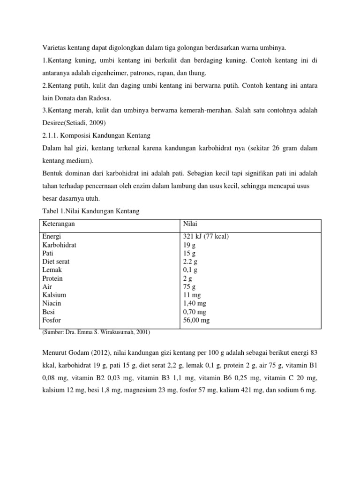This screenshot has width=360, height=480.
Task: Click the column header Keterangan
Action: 59,224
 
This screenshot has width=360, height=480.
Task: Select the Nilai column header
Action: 190,224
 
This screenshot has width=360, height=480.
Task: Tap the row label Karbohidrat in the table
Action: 60,245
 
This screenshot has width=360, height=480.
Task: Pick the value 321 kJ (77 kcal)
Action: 206,237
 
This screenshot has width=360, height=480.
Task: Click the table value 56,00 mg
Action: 196,320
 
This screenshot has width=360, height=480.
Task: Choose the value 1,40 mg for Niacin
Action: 195,303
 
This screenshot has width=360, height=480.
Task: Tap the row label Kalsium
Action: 54,295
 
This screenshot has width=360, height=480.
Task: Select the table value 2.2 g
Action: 190,262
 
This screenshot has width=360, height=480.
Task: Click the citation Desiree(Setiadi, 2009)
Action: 75,123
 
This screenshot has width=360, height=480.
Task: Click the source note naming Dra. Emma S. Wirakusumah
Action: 96,332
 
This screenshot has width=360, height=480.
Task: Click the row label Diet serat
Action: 56,262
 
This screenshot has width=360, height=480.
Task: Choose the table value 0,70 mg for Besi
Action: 195,312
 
